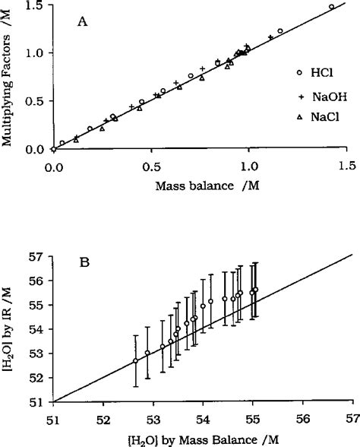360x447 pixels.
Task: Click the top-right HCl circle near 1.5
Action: pos(331,7)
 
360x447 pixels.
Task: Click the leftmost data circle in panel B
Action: pos(135,361)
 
